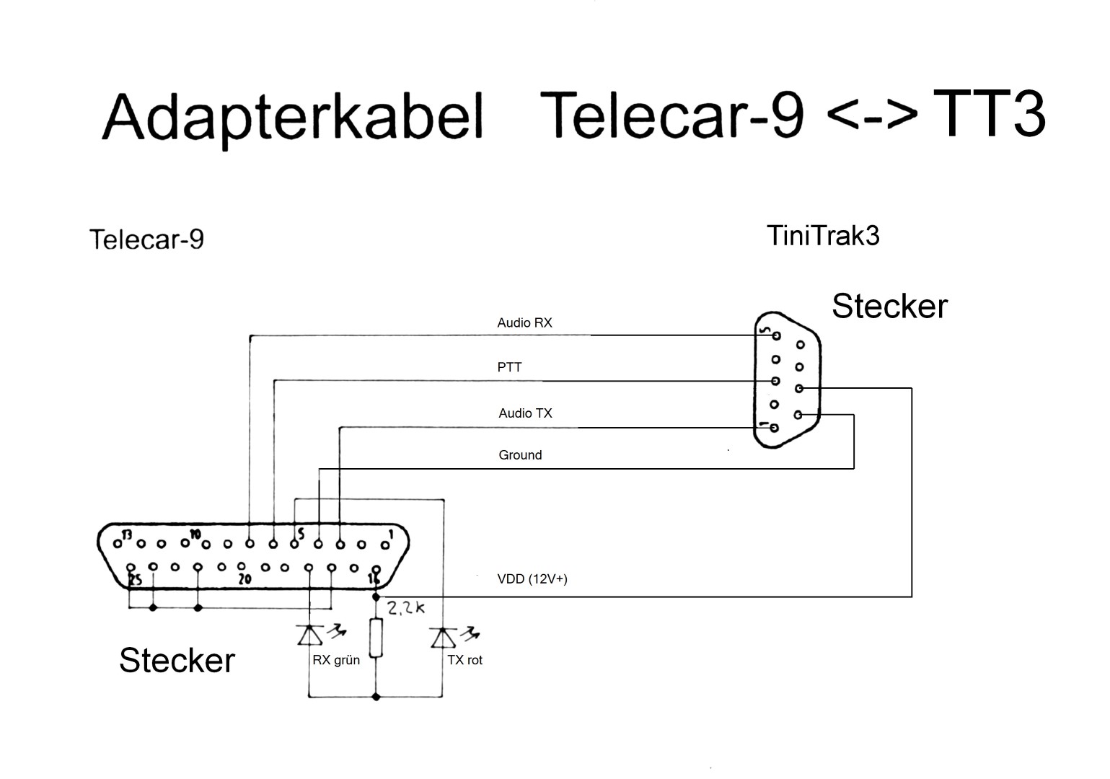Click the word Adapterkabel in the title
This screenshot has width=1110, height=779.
292,118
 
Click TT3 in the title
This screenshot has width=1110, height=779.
988,113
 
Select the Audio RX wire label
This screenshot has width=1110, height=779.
524,323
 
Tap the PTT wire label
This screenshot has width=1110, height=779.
509,367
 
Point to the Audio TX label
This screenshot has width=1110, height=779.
525,413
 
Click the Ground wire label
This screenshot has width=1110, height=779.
520,455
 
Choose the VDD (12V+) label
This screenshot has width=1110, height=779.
532,579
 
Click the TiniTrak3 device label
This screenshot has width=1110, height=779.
823,236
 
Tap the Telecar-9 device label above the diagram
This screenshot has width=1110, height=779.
146,239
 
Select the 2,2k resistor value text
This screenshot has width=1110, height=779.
406,608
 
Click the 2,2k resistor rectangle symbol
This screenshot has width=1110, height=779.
375,638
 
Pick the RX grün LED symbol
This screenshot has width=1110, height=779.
310,636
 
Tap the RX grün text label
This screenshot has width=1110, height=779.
336,660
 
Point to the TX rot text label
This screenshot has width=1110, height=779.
464,660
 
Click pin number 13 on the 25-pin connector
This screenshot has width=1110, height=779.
127,535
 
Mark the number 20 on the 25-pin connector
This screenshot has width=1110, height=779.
245,578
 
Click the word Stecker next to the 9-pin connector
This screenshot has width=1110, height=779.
889,306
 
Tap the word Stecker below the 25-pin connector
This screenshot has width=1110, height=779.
177,660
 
